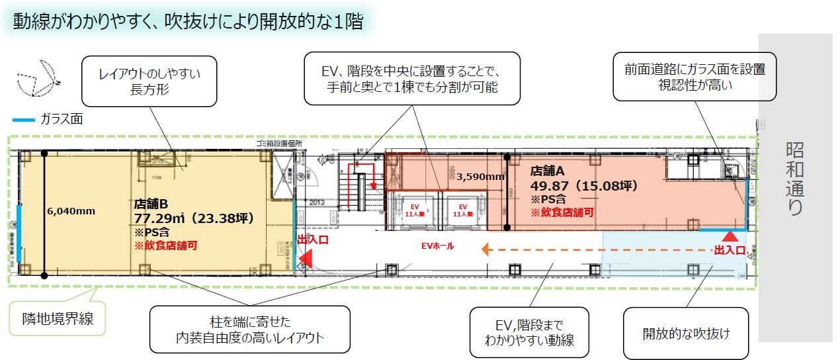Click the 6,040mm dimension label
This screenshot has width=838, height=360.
71,211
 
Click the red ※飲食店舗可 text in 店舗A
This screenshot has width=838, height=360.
562,212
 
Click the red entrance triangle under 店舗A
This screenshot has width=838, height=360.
730,235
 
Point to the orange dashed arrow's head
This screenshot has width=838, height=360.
485,249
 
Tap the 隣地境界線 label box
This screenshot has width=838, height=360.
57,318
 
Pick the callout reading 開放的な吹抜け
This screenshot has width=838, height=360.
686,333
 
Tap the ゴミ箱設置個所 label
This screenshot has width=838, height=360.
280,143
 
